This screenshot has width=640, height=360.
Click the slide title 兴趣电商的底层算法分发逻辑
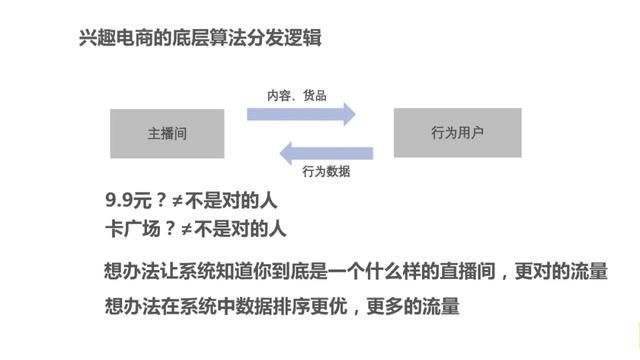200,39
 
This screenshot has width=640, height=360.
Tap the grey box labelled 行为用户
457,132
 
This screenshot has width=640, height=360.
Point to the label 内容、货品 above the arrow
296,96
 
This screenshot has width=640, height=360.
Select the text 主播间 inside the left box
167,133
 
